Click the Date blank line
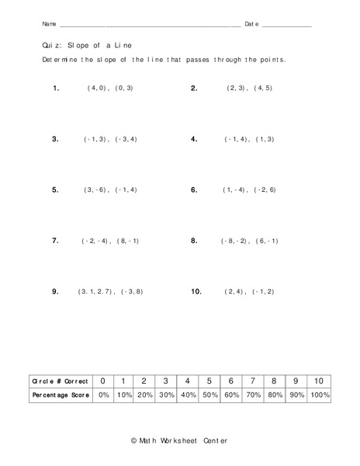[x=287, y=26]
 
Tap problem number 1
[x=56, y=89]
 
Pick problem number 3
[x=56, y=139]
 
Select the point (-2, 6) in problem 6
[x=264, y=190]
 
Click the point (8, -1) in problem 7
[x=128, y=242]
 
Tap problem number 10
[x=196, y=291]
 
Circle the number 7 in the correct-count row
[x=253, y=381]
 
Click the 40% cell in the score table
[x=188, y=395]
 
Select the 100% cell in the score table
[x=319, y=395]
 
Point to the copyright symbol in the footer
[x=134, y=440]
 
